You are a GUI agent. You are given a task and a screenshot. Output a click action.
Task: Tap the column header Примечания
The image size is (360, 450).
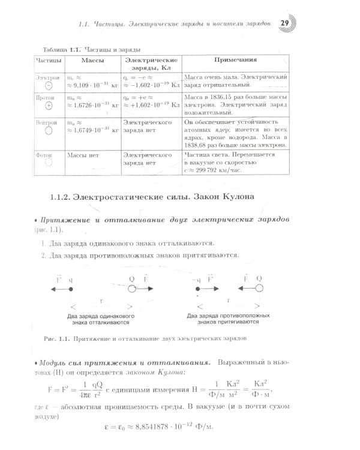pos(235,60)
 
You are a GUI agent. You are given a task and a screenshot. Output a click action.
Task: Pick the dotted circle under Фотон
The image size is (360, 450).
pos(48,162)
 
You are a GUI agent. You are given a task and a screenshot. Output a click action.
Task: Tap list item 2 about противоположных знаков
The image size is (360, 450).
pos(140,255)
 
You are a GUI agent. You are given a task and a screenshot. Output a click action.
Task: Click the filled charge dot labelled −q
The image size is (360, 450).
pos(197,289)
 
